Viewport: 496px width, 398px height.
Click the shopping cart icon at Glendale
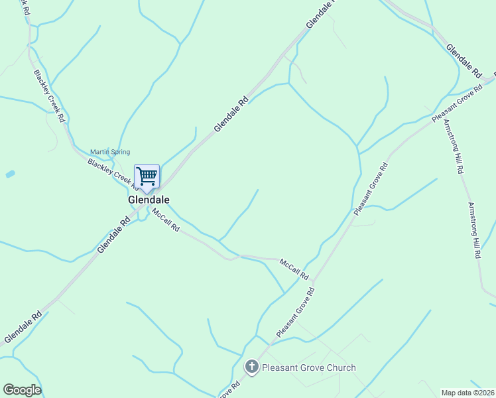click(x=147, y=176)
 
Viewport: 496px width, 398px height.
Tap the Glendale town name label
click(x=149, y=200)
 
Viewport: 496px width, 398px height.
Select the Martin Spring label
click(x=110, y=152)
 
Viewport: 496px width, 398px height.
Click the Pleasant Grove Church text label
click(x=309, y=367)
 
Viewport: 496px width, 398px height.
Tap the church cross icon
click(x=251, y=367)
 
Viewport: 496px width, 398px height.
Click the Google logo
click(x=22, y=390)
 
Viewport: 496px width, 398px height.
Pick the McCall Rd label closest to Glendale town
click(x=165, y=220)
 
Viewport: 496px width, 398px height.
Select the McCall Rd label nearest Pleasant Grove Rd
click(x=294, y=268)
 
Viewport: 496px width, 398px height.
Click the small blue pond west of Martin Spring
click(x=9, y=174)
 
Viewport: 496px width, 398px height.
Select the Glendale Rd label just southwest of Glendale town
click(x=113, y=236)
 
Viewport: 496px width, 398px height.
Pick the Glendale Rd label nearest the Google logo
click(x=23, y=328)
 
